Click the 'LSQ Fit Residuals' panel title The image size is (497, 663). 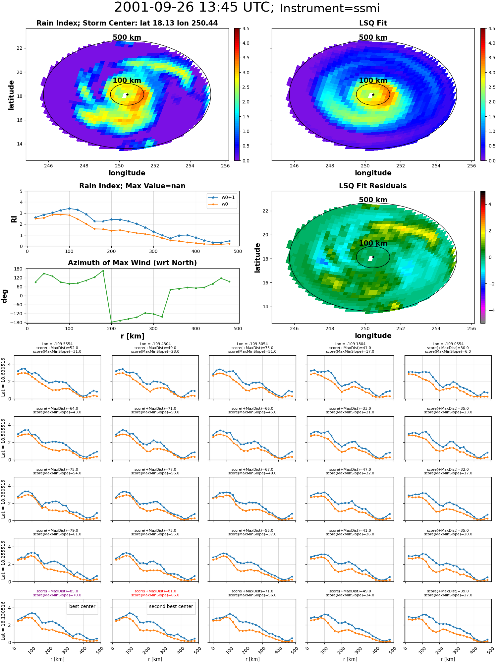point(373,186)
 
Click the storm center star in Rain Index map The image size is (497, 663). point(127,94)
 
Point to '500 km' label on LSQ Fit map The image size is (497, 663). point(373,37)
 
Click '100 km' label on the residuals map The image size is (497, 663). point(373,243)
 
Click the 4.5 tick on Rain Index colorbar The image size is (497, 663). point(246,29)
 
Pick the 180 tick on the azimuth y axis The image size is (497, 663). point(19,269)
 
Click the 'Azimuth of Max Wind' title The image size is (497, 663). point(132,263)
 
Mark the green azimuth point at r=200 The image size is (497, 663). point(111,322)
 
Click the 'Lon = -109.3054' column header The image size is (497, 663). point(252,344)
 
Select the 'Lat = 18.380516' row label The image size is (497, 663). point(3,499)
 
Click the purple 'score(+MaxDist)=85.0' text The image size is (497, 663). point(57,591)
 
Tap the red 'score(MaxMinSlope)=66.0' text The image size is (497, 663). point(155,595)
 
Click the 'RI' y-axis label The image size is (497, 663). point(14,219)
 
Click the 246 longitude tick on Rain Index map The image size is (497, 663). point(48,166)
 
